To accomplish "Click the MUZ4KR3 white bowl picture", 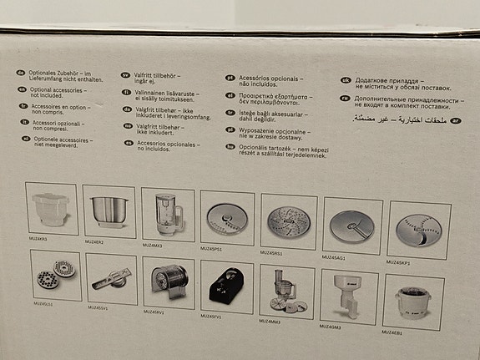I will click(52, 209).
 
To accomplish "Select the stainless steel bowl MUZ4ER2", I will click(109, 211).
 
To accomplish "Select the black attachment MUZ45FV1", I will click(226, 286).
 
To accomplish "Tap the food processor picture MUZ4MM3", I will click(286, 292).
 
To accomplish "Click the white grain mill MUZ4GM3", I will click(349, 297).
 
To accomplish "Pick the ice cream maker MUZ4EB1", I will click(414, 302).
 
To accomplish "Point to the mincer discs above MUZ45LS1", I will click(55, 275).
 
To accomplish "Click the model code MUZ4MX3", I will click(154, 246).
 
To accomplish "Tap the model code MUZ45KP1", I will click(398, 262).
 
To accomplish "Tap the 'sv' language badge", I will click(125, 74).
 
